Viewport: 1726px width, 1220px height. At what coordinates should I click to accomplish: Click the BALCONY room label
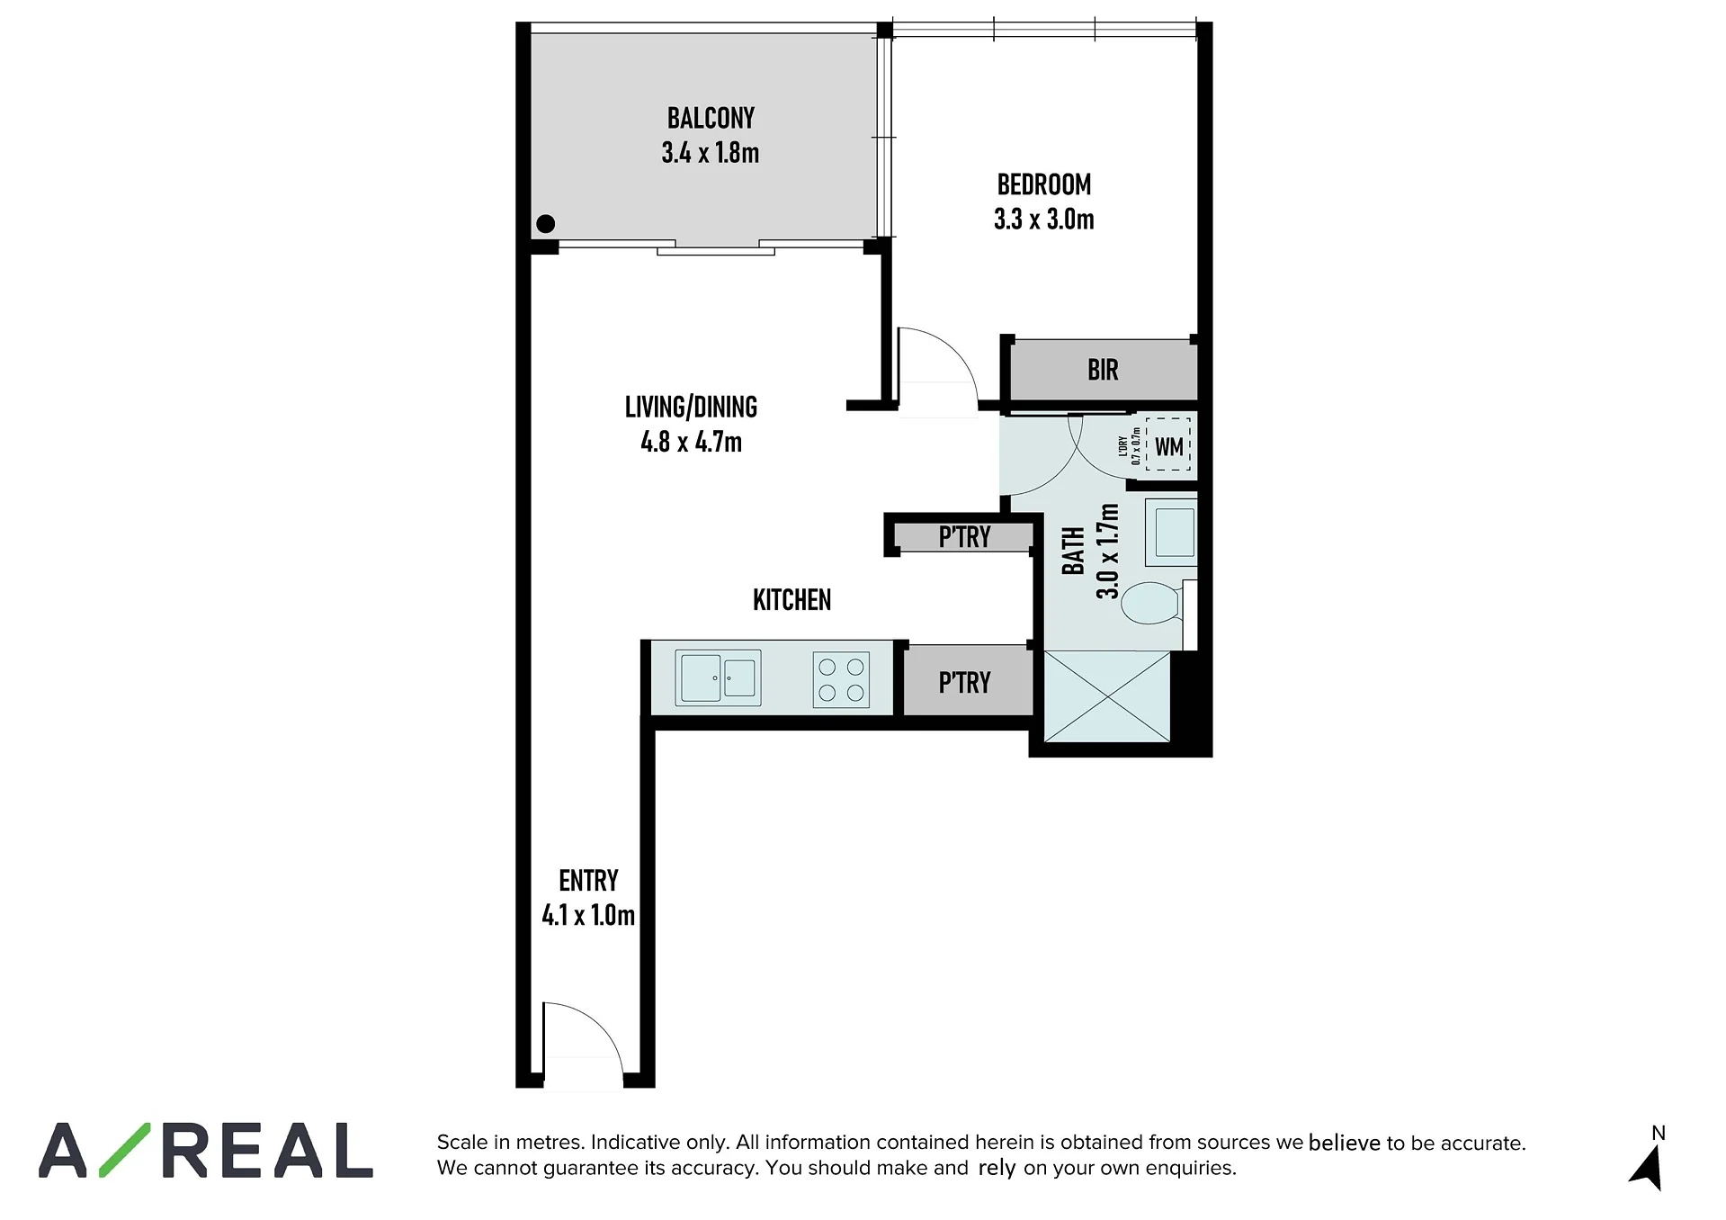pyautogui.click(x=711, y=118)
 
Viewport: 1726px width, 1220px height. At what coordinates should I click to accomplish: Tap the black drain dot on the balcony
pyautogui.click(x=545, y=224)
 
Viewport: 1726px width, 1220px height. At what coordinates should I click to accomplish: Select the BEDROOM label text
pyautogui.click(x=1044, y=184)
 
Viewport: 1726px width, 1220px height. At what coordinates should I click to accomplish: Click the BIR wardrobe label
pyautogui.click(x=1103, y=370)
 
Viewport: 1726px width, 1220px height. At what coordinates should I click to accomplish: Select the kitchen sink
pyautogui.click(x=718, y=677)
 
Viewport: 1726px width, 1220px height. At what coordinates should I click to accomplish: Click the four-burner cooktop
pyautogui.click(x=841, y=679)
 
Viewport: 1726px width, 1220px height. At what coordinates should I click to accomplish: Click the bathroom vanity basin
pyautogui.click(x=1172, y=532)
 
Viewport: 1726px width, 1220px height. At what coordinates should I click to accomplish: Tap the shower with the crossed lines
pyautogui.click(x=1106, y=697)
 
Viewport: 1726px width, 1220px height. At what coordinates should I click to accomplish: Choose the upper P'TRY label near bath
pyautogui.click(x=964, y=537)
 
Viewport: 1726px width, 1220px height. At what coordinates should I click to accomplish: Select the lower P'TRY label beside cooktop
pyautogui.click(x=964, y=683)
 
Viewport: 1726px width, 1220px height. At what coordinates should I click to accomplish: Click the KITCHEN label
pyautogui.click(x=791, y=600)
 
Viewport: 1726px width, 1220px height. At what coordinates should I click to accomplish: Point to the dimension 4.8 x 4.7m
pyautogui.click(x=691, y=442)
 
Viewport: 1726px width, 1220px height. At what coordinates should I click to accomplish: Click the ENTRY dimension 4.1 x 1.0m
pyautogui.click(x=588, y=915)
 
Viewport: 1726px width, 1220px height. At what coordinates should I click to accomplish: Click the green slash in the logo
pyautogui.click(x=124, y=1150)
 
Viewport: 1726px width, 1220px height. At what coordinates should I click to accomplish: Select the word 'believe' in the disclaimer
pyautogui.click(x=1344, y=1143)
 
